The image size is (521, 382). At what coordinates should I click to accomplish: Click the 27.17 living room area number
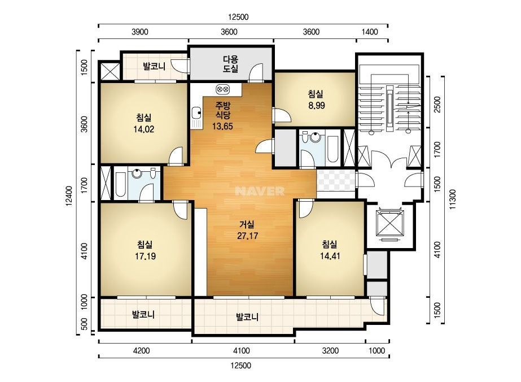248,236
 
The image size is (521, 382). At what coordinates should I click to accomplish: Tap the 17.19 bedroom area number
145,256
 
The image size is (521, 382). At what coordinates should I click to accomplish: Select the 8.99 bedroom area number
316,106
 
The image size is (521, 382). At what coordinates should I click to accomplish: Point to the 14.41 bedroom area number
330,256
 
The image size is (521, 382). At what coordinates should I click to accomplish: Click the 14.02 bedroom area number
143,129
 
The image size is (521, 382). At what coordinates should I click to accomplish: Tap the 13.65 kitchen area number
222,127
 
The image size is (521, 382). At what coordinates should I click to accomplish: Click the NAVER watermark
260,191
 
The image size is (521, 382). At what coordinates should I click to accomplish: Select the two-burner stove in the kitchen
222,89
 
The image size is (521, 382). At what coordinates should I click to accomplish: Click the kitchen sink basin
196,113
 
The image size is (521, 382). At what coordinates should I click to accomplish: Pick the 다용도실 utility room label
230,64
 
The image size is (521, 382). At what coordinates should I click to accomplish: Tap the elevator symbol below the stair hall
389,223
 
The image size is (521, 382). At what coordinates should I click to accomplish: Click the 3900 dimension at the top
140,32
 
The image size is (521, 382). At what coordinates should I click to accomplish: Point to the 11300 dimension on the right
453,199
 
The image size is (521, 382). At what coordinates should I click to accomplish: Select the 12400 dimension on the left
68,196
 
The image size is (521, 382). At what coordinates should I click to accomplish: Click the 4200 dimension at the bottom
142,351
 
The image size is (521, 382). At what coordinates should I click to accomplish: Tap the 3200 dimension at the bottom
331,351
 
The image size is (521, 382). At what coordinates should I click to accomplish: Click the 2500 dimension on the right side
437,105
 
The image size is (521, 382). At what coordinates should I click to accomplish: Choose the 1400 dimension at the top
370,32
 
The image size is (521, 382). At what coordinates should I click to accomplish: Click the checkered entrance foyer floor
336,180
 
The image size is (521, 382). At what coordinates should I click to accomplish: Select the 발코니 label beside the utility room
154,66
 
